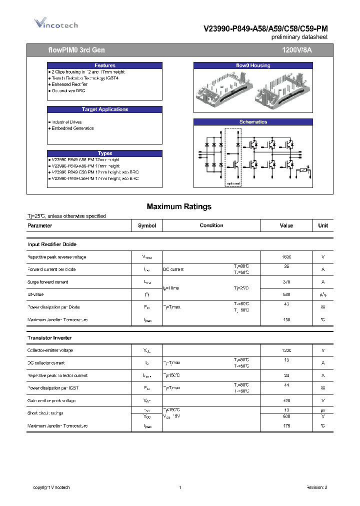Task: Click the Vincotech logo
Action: (55, 23)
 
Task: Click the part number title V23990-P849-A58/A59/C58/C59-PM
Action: (265, 29)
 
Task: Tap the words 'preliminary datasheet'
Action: (299, 37)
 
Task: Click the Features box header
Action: (105, 65)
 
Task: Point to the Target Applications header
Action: (105, 109)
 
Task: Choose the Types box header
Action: (105, 153)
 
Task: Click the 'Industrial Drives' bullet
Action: (66, 122)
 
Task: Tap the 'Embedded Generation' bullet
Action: (72, 128)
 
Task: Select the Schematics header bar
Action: (253, 122)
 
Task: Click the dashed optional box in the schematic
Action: (232, 157)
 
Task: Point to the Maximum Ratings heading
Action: (179, 206)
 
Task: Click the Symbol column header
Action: (147, 225)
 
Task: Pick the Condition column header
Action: (211, 225)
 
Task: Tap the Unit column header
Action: (323, 225)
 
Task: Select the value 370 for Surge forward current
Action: (286, 282)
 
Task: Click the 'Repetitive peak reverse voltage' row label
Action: (56, 257)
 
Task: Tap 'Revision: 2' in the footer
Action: (316, 487)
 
